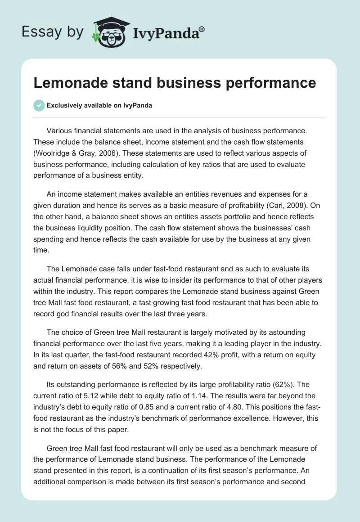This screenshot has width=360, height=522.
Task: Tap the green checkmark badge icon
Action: [39, 105]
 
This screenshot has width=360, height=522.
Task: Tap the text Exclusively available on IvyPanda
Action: [99, 106]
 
